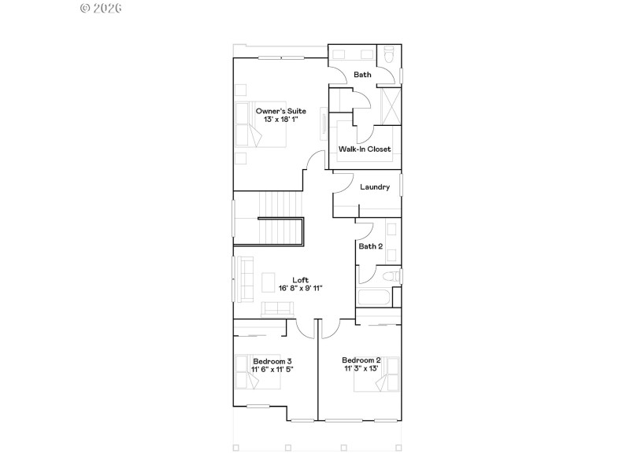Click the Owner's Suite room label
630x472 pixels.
coord(280,111)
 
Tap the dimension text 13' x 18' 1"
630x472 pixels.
coord(280,120)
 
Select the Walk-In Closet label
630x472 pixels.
coord(365,149)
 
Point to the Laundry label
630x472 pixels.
coord(375,187)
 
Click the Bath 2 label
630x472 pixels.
coord(371,246)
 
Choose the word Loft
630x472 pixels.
coord(301,279)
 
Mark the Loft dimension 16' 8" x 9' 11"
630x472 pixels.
coord(301,288)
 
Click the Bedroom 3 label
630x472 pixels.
coord(272,361)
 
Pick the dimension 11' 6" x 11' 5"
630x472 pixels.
coord(272,369)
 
